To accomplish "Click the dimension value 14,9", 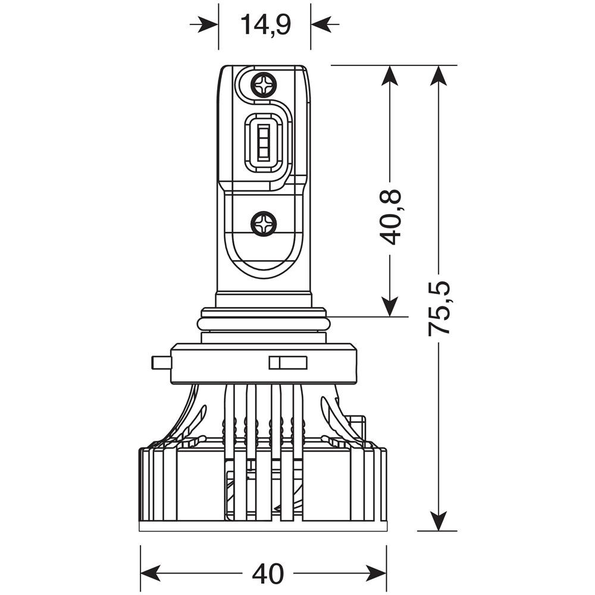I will pos(265,25).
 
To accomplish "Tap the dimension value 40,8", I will pos(390,217).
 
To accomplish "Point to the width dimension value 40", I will pos(268,574).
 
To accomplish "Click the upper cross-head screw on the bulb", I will pos(264,84).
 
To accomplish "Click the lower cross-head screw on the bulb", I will pos(264,224).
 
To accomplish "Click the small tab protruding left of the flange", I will pos(161,362).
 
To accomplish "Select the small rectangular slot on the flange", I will pos(288,363).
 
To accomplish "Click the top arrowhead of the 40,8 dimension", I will pos(390,74).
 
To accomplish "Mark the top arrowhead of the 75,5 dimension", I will pos(439,74).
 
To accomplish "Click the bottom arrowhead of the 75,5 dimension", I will pos(439,522).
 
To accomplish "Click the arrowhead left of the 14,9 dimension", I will pos(210,24).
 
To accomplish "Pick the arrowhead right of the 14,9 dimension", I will pos(320,24).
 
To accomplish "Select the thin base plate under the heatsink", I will pos(263,526).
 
